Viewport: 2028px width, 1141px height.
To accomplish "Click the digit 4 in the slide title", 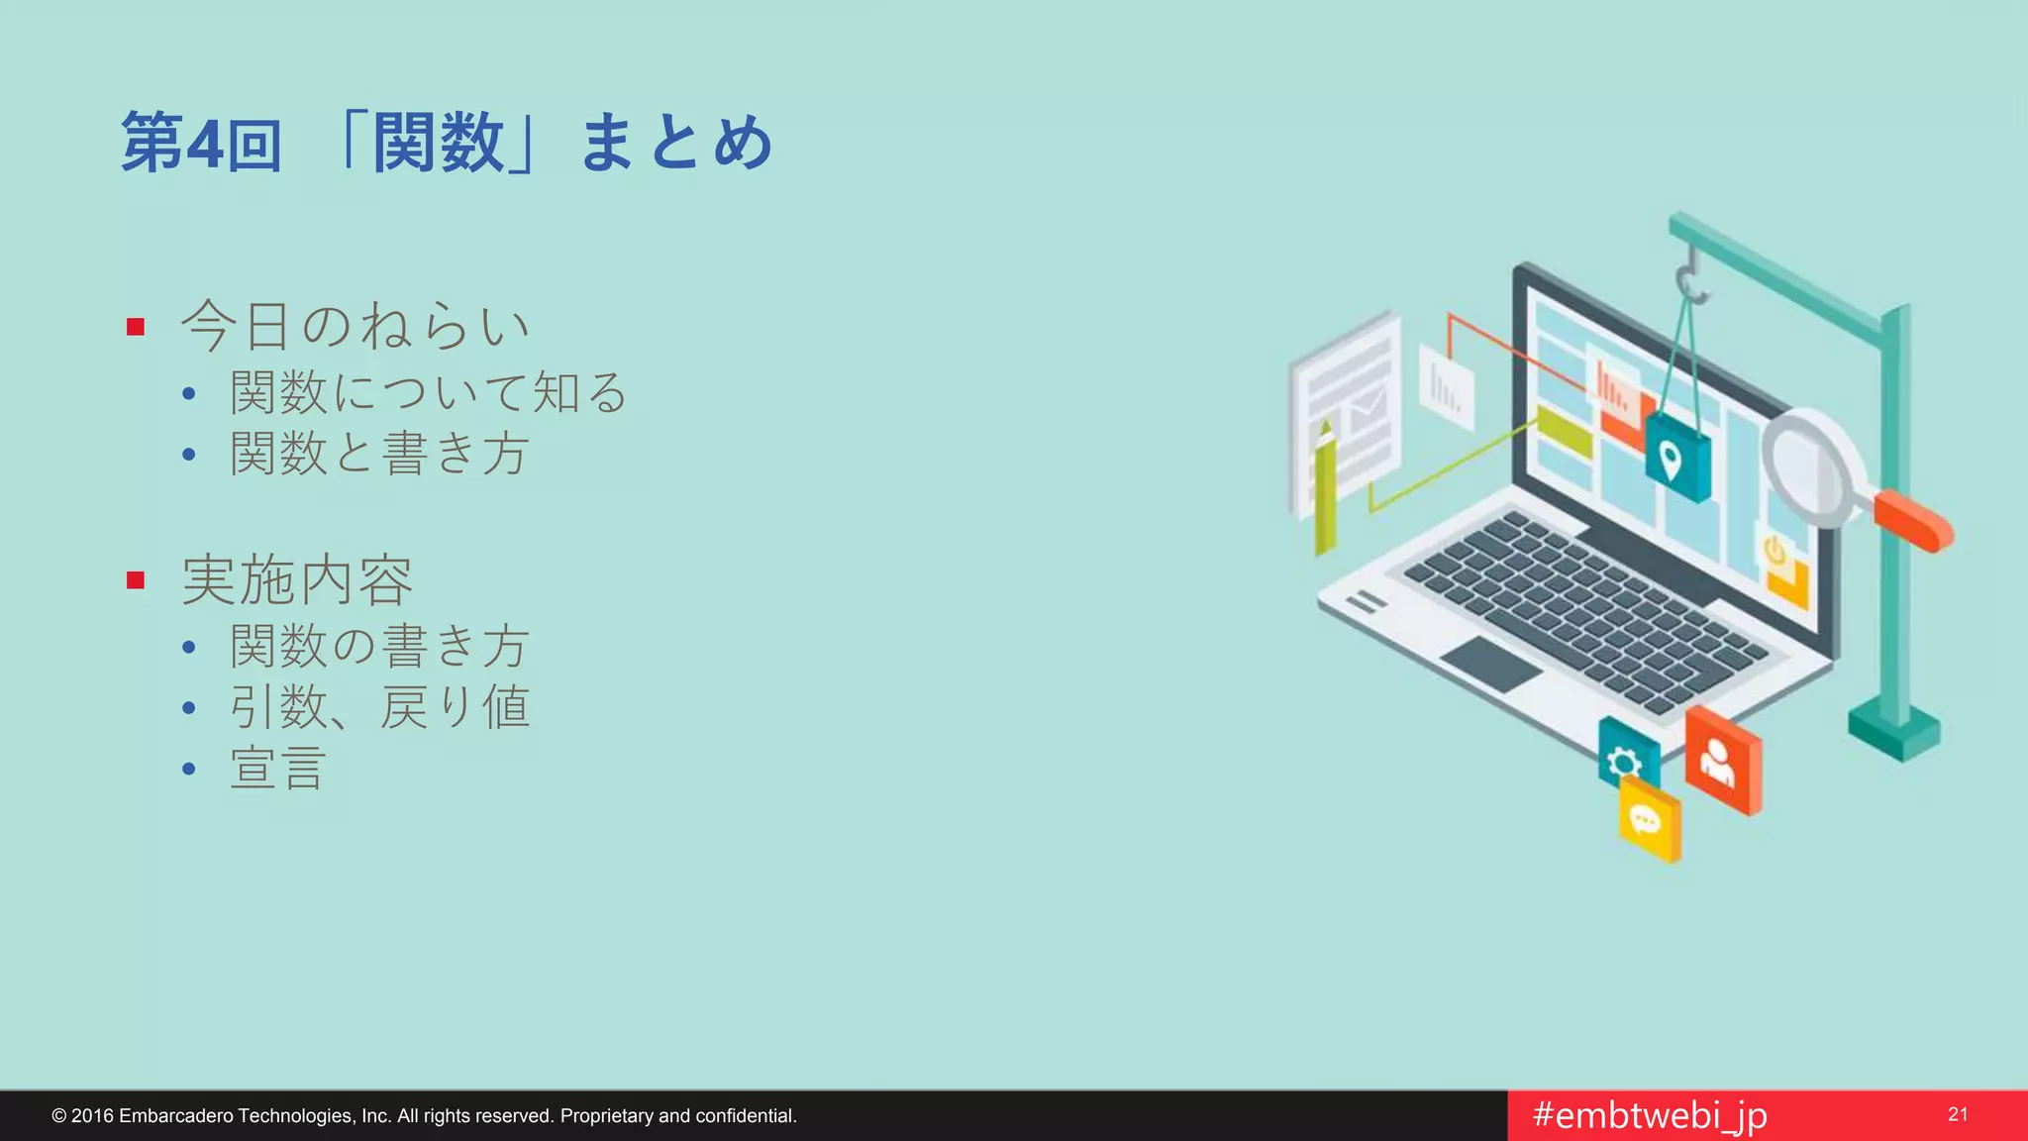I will [205, 145].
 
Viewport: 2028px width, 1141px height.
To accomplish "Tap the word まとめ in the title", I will [675, 143].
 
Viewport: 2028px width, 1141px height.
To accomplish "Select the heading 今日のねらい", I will [355, 326].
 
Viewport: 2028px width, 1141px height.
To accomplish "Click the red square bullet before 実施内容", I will [137, 580].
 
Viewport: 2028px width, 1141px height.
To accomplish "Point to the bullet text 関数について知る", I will [429, 392].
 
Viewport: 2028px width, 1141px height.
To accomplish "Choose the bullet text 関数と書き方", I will [379, 454].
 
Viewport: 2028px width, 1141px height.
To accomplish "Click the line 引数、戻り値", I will [379, 707].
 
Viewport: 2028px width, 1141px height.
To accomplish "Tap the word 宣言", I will [278, 769].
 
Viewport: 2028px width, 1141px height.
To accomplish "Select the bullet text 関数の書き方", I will [379, 646].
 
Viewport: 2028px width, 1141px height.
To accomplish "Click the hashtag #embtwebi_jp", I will [1650, 1115].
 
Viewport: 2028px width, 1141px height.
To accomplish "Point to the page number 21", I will [1957, 1114].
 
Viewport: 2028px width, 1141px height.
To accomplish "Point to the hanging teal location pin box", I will [1675, 458].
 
